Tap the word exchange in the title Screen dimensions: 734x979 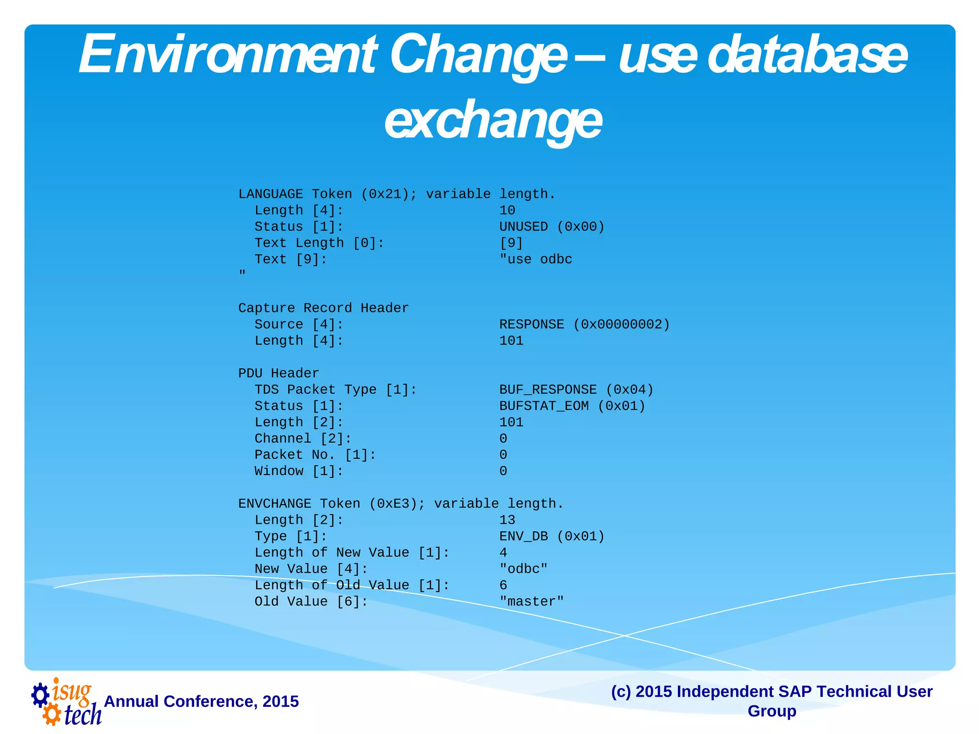point(493,119)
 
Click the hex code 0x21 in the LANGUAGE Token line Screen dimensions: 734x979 point(389,194)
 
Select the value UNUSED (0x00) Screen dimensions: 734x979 point(552,227)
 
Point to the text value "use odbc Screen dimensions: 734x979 point(535,259)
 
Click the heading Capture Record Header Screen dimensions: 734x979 point(323,308)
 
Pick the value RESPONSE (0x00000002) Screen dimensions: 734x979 point(584,324)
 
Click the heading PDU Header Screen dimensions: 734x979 point(278,373)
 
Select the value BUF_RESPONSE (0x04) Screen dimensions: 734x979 point(576,389)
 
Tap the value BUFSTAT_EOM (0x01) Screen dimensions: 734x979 point(572,406)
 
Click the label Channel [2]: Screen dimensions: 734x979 point(303,438)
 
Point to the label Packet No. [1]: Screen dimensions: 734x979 point(315,454)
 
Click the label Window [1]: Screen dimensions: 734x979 point(299,471)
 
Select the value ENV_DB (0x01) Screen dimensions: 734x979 point(552,536)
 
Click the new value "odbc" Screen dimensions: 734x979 point(523,569)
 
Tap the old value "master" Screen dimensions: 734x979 point(532,601)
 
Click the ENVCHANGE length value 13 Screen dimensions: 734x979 point(507,520)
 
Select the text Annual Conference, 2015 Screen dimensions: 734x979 point(201,701)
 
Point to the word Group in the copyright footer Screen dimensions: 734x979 point(772,711)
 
